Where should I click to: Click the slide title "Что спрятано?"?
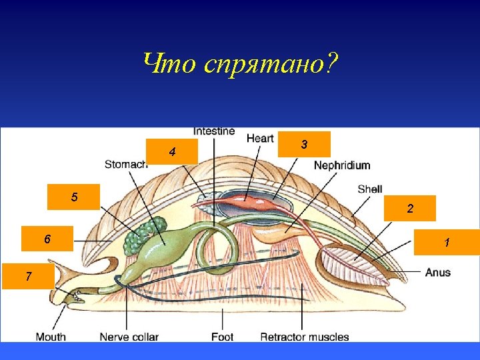click(240, 64)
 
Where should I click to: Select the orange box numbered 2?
click(410, 208)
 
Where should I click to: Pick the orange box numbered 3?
click(304, 143)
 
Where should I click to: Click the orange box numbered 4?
click(173, 152)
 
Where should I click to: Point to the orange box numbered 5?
click(74, 197)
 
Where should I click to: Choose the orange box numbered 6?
click(47, 238)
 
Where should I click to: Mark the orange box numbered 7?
click(28, 275)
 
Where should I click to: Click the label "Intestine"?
click(214, 131)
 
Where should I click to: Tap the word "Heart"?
click(260, 138)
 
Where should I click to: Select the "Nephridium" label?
click(342, 165)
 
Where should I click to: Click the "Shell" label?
click(370, 189)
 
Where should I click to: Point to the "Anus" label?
click(438, 272)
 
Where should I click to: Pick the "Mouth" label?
click(51, 337)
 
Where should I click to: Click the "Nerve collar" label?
click(129, 337)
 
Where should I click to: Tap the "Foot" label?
click(222, 337)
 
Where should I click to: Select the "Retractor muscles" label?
click(305, 337)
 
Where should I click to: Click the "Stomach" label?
click(125, 164)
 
